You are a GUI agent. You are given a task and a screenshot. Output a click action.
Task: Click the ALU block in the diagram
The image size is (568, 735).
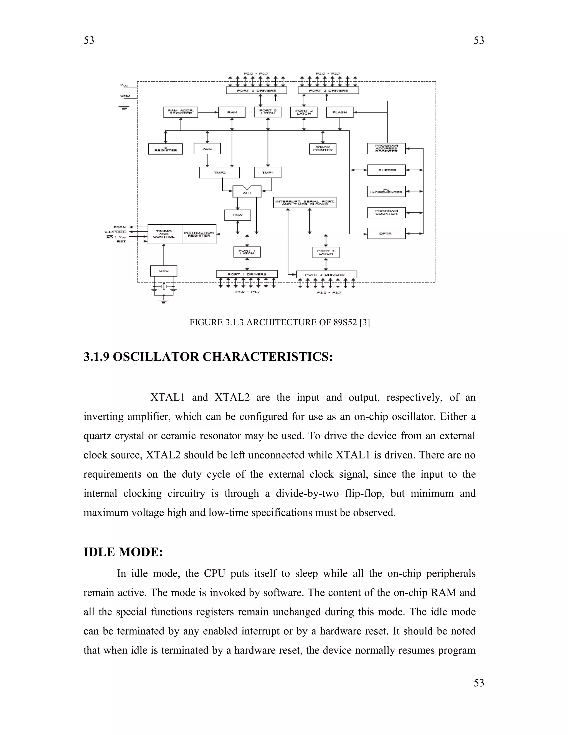coord(247,192)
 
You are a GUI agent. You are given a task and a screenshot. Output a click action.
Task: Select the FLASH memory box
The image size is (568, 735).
coord(339,112)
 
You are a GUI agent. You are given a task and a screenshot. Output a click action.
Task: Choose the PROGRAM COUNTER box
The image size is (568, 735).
coord(386,213)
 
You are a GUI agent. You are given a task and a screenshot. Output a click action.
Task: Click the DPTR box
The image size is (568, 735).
coord(386,234)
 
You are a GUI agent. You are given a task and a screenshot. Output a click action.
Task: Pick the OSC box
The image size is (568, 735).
coord(164,271)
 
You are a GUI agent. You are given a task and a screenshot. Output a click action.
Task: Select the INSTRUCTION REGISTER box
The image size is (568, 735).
coord(199,234)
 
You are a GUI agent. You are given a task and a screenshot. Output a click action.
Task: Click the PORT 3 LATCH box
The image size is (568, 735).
coord(326,252)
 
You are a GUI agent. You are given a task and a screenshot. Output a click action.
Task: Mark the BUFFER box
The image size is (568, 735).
coord(386,170)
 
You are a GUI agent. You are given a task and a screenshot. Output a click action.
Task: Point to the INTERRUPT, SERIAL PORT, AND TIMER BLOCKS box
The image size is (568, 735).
coord(305,202)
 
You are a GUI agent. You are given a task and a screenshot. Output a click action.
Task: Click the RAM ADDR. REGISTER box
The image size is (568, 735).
coord(181,112)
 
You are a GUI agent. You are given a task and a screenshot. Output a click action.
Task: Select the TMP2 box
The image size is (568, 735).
coord(219,173)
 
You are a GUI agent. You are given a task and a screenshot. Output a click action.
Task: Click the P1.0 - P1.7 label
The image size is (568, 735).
coord(247,292)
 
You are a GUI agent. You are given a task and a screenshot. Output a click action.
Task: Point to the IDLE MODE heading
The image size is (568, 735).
coord(123,552)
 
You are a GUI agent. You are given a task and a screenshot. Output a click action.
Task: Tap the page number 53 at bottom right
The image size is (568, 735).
coord(478,683)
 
